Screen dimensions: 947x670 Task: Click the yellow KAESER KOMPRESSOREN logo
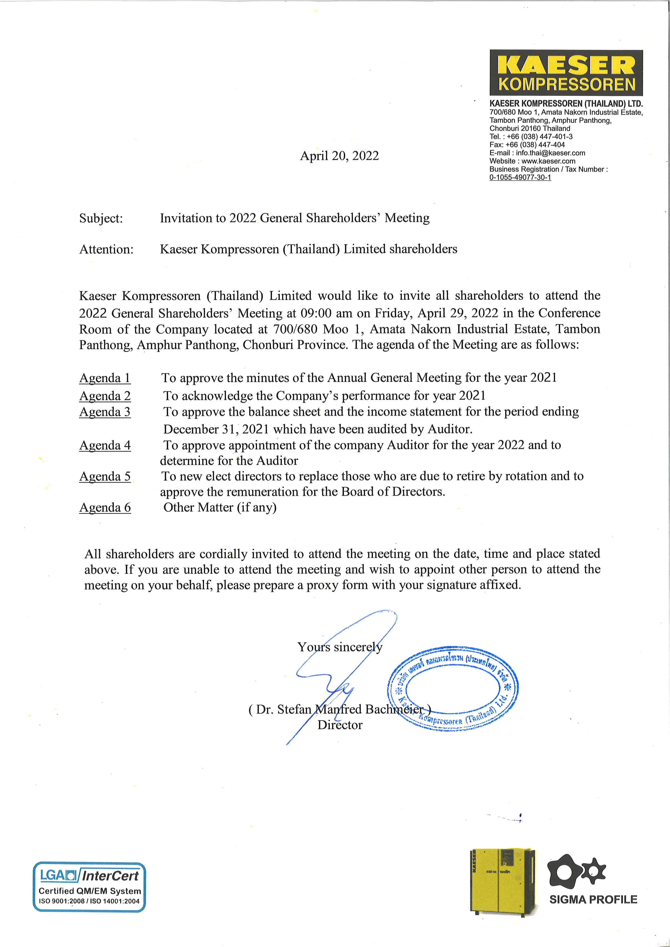[x=566, y=73]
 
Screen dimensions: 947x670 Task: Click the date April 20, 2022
[x=339, y=156]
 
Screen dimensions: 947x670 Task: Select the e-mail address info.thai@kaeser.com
[x=550, y=153]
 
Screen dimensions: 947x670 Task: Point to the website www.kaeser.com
[x=548, y=161]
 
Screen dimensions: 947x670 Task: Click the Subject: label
[x=101, y=218]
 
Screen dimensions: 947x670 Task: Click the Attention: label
[x=106, y=250]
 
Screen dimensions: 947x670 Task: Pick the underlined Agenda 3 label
[x=105, y=412]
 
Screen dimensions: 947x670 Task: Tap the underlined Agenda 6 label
[x=105, y=508]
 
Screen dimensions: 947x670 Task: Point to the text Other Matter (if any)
[x=220, y=507]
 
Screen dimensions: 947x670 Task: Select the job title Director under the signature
[x=340, y=725]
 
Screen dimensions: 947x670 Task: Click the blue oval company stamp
[x=453, y=688]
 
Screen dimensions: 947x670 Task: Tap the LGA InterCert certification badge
[x=89, y=886]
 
